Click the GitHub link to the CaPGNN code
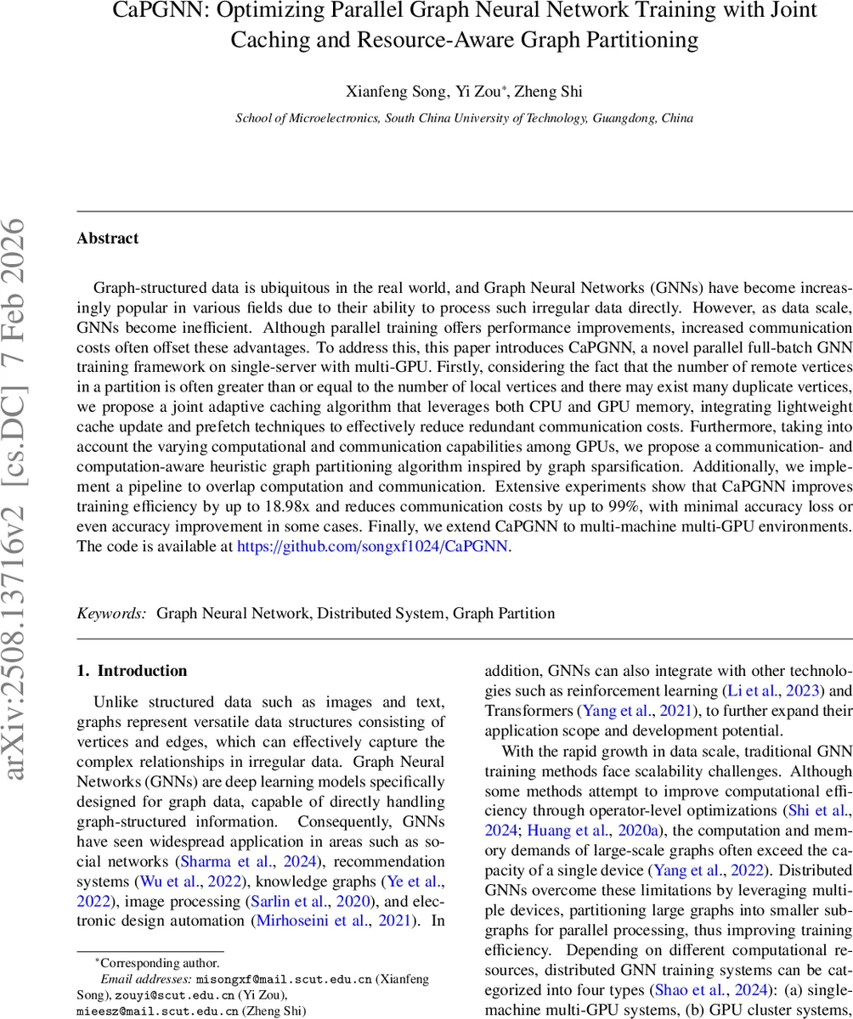point(372,546)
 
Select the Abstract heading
point(108,239)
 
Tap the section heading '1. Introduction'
point(132,671)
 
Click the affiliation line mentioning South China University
point(464,119)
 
